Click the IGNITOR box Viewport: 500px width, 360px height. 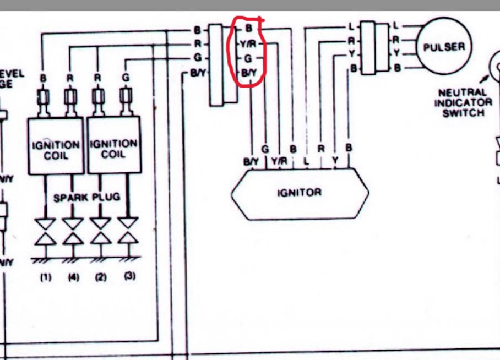300,193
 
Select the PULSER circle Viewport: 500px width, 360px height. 444,47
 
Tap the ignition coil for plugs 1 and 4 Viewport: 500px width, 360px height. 56,149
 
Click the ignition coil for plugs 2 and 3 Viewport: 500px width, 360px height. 114,149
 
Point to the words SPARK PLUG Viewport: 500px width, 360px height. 86,197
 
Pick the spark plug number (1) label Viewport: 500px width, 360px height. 46,277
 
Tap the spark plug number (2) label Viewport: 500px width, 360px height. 100,277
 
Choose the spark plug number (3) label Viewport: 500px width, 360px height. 129,276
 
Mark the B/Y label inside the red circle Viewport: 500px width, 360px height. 249,73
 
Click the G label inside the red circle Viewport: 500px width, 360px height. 248,58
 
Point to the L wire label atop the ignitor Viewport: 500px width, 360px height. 307,162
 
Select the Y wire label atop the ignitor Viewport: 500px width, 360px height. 334,162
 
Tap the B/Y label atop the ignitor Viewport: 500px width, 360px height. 251,162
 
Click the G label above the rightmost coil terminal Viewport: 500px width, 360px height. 126,78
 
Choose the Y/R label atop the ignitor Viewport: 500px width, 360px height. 279,162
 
